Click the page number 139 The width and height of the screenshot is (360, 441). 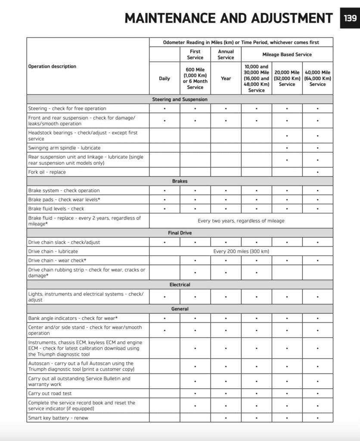pos(350,18)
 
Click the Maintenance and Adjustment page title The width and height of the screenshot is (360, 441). pos(228,18)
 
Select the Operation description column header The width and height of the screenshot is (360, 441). pos(52,66)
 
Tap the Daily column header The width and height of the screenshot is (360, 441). pos(164,78)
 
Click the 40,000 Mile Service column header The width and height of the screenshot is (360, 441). pos(317,78)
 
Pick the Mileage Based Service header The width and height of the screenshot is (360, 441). pos(287,55)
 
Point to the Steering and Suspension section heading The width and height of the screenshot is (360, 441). pos(180,99)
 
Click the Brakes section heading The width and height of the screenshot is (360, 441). pos(180,181)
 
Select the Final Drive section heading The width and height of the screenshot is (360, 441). pos(180,233)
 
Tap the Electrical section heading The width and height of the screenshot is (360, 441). pos(180,285)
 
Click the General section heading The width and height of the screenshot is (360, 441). pos(180,309)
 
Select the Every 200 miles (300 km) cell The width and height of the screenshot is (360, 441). pos(241,251)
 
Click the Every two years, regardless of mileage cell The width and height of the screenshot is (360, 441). pos(241,221)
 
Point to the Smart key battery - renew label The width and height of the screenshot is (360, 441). pos(58,418)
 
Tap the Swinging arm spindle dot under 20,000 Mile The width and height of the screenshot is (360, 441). pos(287,148)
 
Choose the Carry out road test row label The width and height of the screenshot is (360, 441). pos(50,393)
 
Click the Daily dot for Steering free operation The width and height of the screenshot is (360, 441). pos(164,109)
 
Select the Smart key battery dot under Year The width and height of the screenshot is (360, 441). pos(226,418)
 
